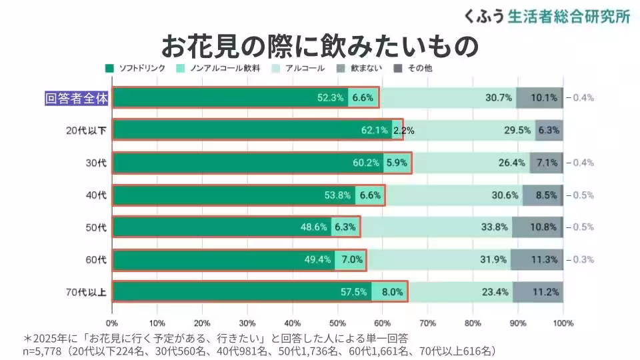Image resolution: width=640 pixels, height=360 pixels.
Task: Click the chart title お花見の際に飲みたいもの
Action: click(x=320, y=46)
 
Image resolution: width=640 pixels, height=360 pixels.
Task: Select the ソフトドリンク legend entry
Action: click(x=137, y=68)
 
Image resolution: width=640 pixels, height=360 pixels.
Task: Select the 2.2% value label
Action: click(x=403, y=131)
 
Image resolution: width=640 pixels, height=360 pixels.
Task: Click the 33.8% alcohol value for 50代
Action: click(x=495, y=227)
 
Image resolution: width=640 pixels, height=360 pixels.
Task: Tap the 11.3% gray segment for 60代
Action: click(x=544, y=260)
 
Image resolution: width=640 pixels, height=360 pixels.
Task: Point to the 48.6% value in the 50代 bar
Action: click(x=313, y=227)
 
